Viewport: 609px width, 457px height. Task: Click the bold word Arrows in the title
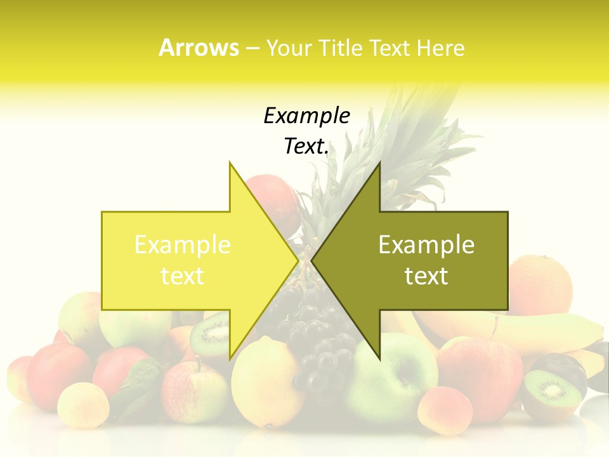click(199, 48)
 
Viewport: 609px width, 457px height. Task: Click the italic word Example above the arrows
click(306, 116)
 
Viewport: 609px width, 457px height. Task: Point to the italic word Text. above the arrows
click(306, 147)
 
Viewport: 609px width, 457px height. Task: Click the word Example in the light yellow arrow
click(183, 245)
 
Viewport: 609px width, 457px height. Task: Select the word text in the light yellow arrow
click(183, 276)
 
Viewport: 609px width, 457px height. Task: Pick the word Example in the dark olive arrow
click(426, 245)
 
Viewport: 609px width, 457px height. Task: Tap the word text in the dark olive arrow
click(426, 276)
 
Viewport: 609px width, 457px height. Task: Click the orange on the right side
click(540, 284)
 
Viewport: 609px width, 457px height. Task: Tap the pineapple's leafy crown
click(406, 146)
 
